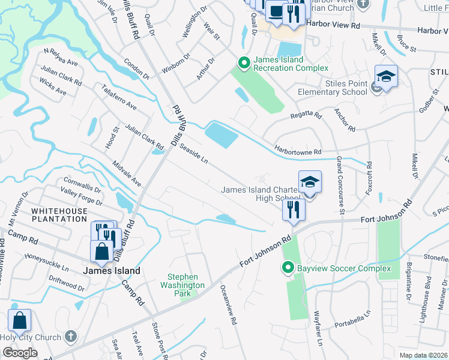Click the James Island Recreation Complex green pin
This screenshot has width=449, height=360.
tap(244, 62)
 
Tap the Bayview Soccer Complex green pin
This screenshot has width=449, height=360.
tap(288, 268)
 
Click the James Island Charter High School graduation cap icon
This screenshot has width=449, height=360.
tap(310, 183)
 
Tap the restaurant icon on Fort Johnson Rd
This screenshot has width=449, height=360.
tap(293, 210)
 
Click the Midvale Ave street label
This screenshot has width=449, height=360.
tap(127, 173)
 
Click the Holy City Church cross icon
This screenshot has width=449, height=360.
tap(71, 337)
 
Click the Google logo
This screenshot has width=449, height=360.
tap(20, 352)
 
